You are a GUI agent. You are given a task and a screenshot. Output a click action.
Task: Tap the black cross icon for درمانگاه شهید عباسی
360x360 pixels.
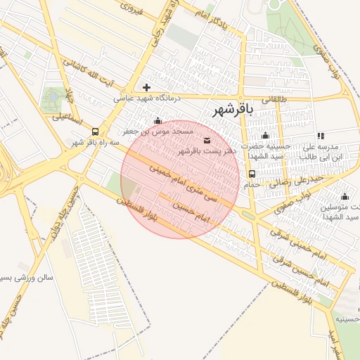(x=146, y=88)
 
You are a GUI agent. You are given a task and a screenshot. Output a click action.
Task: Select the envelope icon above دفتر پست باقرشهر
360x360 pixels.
(x=206, y=141)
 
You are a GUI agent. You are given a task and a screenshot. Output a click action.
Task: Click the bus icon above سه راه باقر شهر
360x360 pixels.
(x=95, y=131)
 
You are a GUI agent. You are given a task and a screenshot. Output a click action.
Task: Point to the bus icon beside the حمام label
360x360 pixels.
(x=252, y=174)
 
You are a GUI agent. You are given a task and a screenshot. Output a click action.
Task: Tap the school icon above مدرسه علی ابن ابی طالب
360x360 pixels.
(x=321, y=136)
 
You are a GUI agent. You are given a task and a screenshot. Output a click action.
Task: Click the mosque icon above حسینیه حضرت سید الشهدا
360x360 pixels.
(x=265, y=136)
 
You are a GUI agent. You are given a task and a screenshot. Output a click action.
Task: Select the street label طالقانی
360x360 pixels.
(x=275, y=100)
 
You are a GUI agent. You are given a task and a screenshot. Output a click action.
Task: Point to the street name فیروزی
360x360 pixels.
(x=131, y=8)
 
